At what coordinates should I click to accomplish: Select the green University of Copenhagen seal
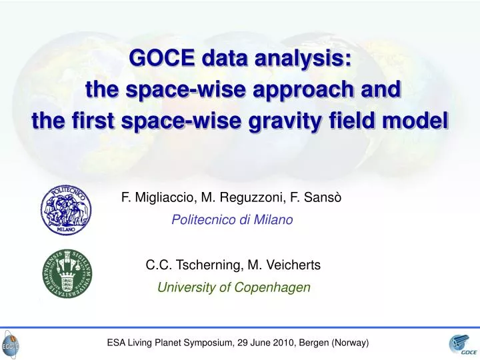point(67,275)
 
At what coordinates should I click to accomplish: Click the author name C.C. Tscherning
point(193,265)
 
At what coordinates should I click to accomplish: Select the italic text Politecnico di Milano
point(232,220)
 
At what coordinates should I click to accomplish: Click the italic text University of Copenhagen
point(233,288)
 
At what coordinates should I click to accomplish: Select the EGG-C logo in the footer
point(11,346)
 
